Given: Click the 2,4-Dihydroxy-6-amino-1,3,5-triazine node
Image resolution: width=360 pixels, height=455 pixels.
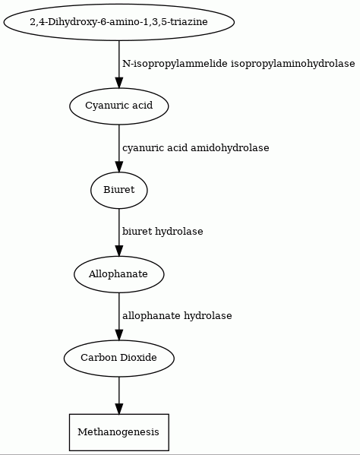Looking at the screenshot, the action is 119,22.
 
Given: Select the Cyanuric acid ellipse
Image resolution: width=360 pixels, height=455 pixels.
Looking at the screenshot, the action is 119,106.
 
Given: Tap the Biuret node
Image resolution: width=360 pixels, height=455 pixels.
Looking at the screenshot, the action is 119,190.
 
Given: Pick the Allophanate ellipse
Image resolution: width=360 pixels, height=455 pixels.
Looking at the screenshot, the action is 119,274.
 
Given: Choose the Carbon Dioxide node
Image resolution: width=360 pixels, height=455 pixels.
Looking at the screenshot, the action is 119,358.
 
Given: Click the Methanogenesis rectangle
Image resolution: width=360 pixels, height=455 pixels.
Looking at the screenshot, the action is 119,432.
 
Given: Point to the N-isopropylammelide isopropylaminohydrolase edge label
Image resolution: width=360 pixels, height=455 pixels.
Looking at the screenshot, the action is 238,64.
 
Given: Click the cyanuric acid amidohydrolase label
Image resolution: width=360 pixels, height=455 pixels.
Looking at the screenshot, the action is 195,148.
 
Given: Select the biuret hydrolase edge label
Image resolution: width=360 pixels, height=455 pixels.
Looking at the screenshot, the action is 163,232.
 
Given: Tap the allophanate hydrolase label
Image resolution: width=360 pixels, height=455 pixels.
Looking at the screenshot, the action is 177,316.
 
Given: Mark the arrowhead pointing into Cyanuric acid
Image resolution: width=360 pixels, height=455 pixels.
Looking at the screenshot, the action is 119,82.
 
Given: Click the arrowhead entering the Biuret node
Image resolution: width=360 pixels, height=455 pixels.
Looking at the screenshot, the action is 119,166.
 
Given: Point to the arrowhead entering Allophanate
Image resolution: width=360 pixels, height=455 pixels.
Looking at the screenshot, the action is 119,251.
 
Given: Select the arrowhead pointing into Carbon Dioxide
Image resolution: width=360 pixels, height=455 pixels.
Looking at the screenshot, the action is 119,334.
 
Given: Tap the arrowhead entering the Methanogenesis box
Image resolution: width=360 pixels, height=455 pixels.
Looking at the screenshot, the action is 119,409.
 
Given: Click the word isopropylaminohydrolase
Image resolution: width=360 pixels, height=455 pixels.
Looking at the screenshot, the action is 292,64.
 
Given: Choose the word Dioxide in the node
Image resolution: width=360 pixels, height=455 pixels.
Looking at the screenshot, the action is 138,358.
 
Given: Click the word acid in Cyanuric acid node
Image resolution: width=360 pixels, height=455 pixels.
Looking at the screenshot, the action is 142,106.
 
